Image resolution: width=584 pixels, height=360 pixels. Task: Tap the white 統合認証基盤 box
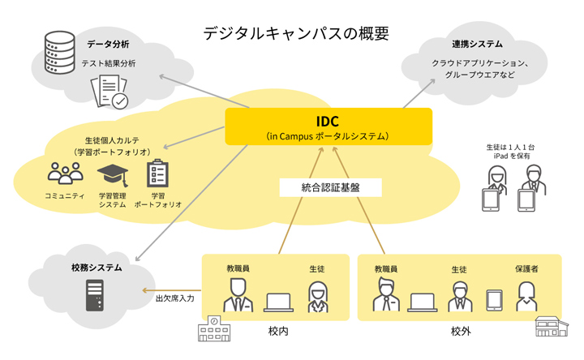point(330,187)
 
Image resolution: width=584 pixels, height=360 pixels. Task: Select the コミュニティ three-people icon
point(65,174)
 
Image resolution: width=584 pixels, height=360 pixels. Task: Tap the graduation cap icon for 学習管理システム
point(113,174)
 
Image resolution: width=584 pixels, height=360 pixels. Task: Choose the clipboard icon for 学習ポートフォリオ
point(157,174)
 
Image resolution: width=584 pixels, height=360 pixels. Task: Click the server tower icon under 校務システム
point(95,295)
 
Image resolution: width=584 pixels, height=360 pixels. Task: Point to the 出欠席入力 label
point(175,298)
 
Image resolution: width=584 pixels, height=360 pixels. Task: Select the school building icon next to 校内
point(214,328)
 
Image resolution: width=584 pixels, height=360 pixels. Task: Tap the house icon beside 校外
point(552,326)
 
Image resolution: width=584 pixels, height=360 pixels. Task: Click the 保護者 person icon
point(526,297)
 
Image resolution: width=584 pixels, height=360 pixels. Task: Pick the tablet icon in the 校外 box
point(494,301)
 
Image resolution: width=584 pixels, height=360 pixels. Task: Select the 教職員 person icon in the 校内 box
point(238,295)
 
